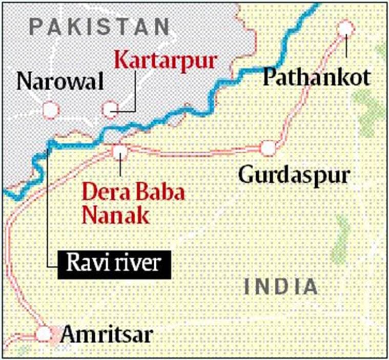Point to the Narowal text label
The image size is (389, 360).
[x=60, y=81]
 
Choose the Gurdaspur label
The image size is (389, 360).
[x=294, y=176]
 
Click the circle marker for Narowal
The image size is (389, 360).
[x=51, y=109]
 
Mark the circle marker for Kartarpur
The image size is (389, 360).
[x=110, y=109]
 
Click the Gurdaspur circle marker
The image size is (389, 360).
[x=268, y=148]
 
